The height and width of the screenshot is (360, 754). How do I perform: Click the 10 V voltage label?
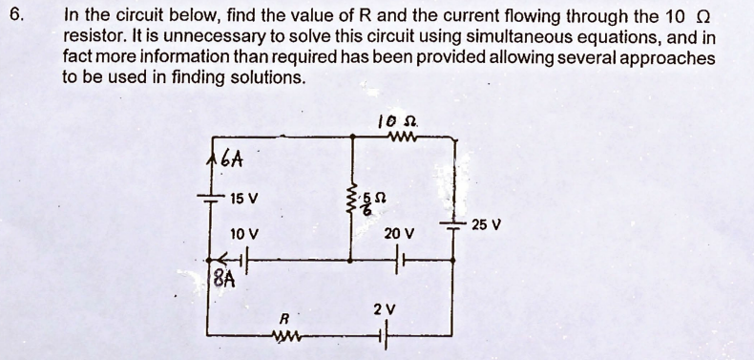pyautogui.click(x=244, y=233)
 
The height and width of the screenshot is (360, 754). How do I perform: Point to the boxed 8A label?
pyautogui.click(x=221, y=280)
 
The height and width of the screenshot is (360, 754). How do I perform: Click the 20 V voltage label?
pyautogui.click(x=399, y=233)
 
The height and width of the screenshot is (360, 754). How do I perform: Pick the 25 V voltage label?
pyautogui.click(x=486, y=225)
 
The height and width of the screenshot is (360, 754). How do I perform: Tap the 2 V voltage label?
pyautogui.click(x=384, y=309)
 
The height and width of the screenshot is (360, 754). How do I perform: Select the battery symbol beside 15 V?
pyautogui.click(x=209, y=196)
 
